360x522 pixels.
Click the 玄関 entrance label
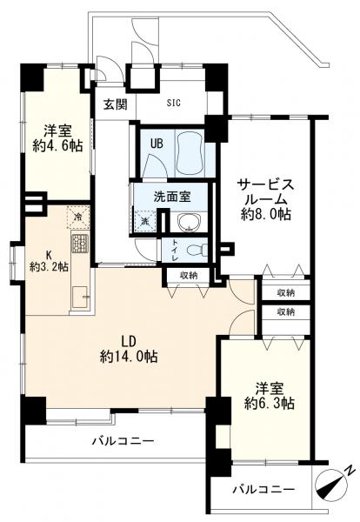115,105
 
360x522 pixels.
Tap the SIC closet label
174,103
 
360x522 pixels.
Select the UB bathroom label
157,144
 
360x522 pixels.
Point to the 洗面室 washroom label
172,197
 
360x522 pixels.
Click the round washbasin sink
189,222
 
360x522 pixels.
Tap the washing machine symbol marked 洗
144,221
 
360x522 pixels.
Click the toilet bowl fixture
196,250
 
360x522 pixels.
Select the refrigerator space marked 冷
78,217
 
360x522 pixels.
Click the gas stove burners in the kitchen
79,244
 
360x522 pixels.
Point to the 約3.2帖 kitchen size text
49,267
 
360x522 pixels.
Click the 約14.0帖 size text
129,357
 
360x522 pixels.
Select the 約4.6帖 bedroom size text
57,146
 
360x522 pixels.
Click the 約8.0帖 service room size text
266,214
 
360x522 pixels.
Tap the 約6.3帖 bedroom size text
270,404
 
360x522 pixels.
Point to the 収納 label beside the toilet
189,276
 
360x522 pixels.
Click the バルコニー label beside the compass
263,489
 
